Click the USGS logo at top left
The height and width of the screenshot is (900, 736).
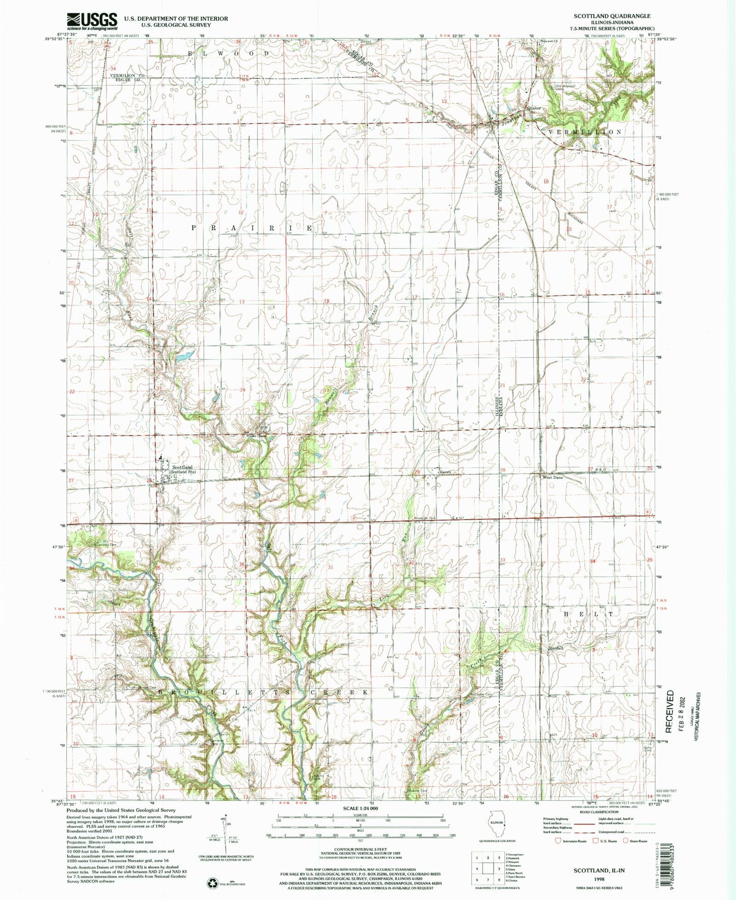point(92,21)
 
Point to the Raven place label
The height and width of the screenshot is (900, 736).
point(446,472)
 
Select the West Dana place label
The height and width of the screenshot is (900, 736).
point(552,478)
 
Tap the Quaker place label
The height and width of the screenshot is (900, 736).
point(534,108)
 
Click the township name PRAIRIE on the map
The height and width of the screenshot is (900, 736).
point(252,229)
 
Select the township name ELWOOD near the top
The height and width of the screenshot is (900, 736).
point(229,53)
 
